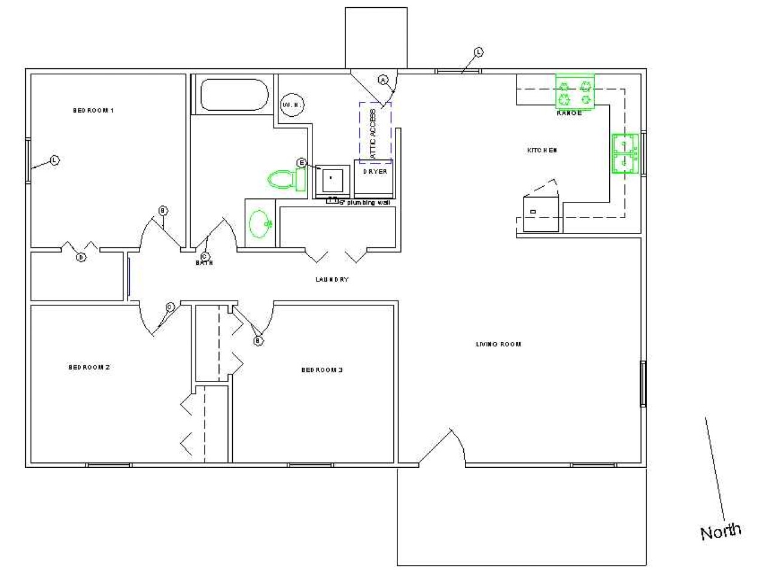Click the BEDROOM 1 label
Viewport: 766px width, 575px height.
[93, 110]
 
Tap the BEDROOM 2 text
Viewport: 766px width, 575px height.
[89, 367]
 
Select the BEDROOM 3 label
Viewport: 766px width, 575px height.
[322, 370]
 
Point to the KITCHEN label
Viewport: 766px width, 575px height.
[542, 150]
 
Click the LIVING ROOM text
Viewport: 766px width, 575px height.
[498, 344]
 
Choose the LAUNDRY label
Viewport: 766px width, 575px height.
[332, 280]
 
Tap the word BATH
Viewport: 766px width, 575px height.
[204, 263]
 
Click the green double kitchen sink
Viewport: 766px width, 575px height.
[625, 153]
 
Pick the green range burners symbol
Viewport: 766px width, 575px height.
[575, 92]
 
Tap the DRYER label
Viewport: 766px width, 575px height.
[375, 172]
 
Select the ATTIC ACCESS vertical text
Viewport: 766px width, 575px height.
[373, 134]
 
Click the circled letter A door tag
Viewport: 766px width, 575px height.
[384, 80]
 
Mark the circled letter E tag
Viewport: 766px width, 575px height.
[302, 163]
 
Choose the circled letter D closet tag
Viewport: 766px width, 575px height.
[81, 258]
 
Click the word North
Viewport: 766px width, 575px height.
[721, 531]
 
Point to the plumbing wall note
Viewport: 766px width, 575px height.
[365, 203]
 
